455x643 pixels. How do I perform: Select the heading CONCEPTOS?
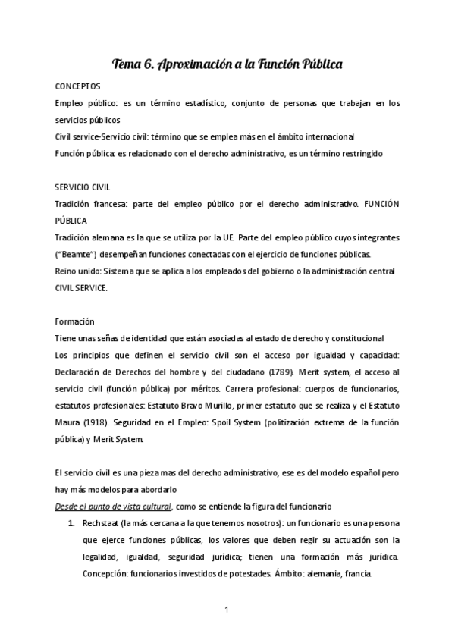78,86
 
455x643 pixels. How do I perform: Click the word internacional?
319,136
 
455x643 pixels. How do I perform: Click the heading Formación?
74,321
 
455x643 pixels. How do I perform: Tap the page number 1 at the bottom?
227,607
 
